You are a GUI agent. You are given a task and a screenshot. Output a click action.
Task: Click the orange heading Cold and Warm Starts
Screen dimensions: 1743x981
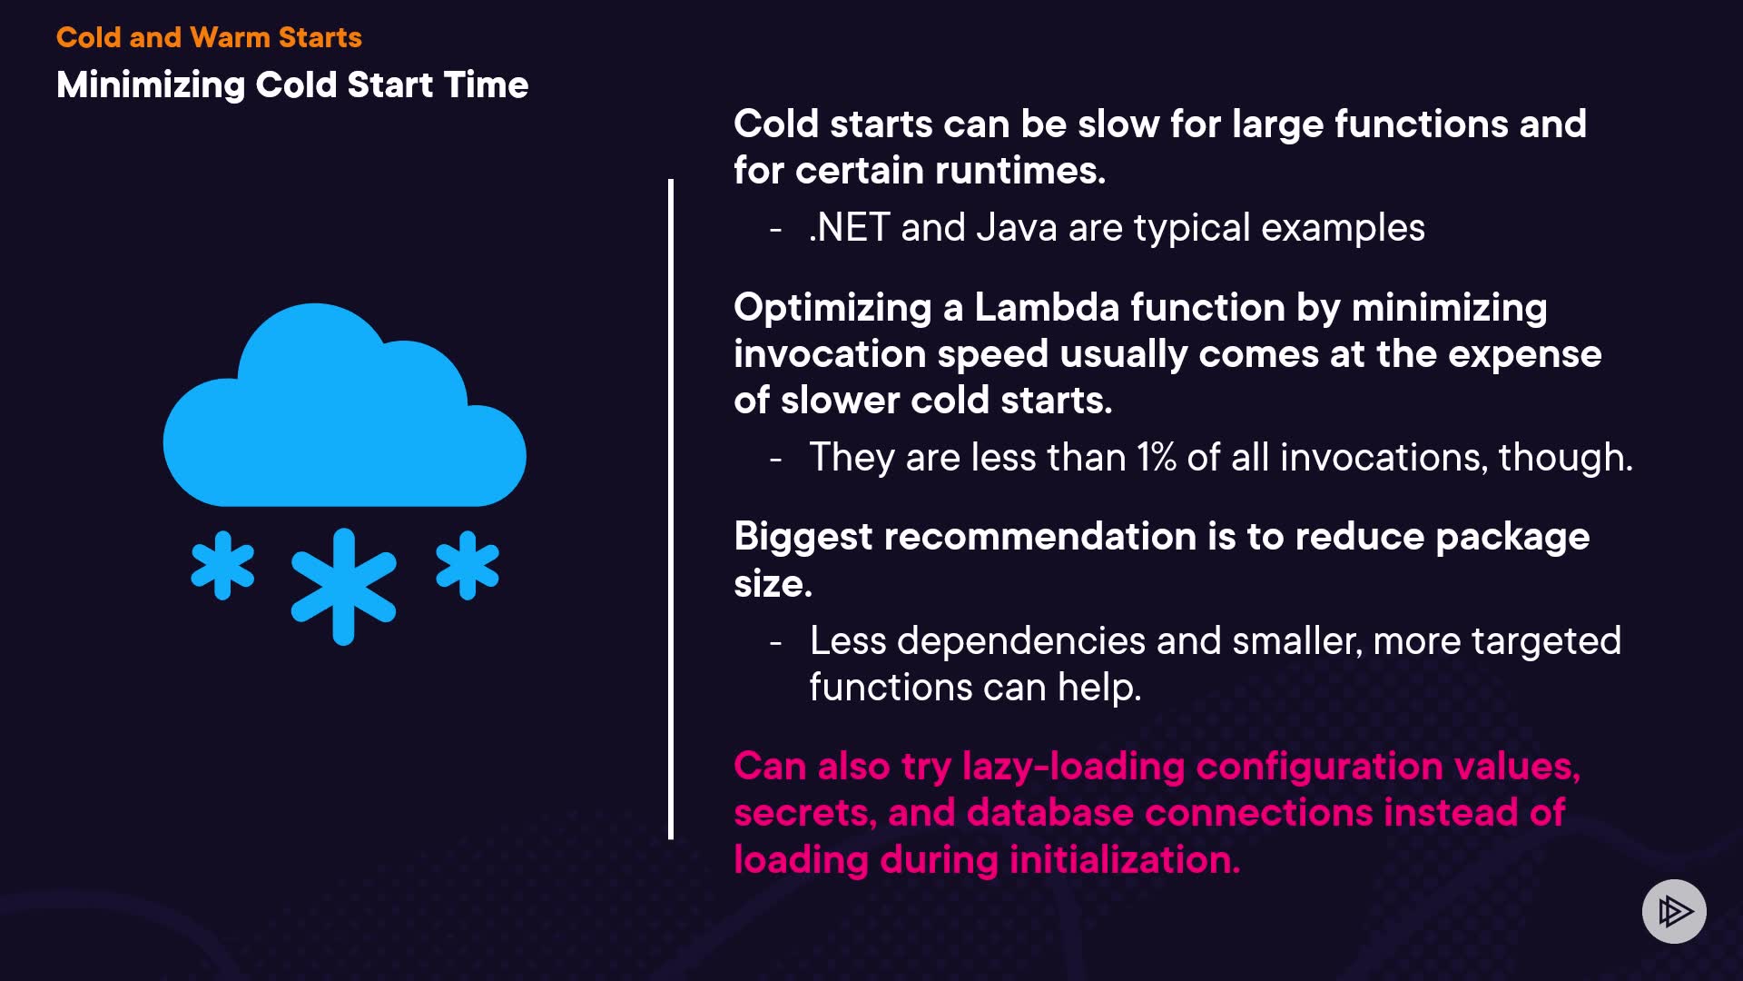[209, 37]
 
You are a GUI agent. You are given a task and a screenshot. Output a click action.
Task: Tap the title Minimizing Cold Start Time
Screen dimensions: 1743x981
[292, 84]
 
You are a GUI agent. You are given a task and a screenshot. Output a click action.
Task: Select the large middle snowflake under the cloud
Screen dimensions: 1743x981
[343, 586]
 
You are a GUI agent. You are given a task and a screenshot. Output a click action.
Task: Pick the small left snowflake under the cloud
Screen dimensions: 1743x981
[222, 565]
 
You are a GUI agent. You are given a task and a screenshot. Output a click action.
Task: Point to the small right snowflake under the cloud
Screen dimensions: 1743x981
[468, 565]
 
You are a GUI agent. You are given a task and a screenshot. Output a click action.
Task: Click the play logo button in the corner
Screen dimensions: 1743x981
[1674, 911]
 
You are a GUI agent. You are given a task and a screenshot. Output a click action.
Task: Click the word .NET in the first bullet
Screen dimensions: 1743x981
[849, 227]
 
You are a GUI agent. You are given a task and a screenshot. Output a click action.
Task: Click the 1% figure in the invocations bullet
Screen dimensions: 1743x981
[1157, 457]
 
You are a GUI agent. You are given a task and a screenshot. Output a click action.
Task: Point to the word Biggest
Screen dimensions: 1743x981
[803, 538]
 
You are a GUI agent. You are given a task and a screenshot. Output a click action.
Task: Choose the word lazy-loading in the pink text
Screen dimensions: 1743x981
[1073, 768]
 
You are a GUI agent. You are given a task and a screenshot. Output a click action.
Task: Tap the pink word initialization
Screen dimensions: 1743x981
[1125, 859]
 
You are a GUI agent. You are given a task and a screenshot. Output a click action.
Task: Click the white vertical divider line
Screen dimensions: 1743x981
[671, 510]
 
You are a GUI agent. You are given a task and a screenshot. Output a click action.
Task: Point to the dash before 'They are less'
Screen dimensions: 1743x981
[775, 459]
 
